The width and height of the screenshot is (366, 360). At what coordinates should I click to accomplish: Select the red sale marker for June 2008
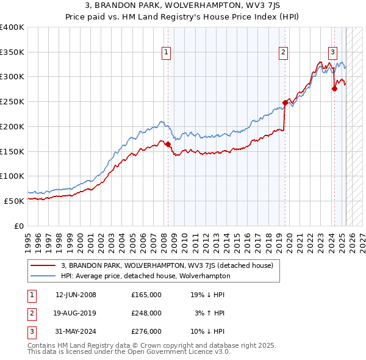point(168,144)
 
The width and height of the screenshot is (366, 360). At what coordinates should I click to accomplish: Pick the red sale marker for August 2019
point(285,103)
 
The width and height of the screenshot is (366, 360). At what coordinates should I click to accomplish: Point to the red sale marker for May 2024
point(334,89)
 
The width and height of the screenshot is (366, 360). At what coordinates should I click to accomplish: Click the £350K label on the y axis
point(12,52)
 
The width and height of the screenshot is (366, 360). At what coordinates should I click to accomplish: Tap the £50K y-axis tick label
point(14,201)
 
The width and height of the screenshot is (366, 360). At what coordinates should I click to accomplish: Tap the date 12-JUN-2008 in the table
point(76,295)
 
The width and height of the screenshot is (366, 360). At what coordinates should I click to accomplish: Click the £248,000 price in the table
point(146,313)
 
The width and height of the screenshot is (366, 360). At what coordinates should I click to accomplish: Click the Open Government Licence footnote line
point(129,352)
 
